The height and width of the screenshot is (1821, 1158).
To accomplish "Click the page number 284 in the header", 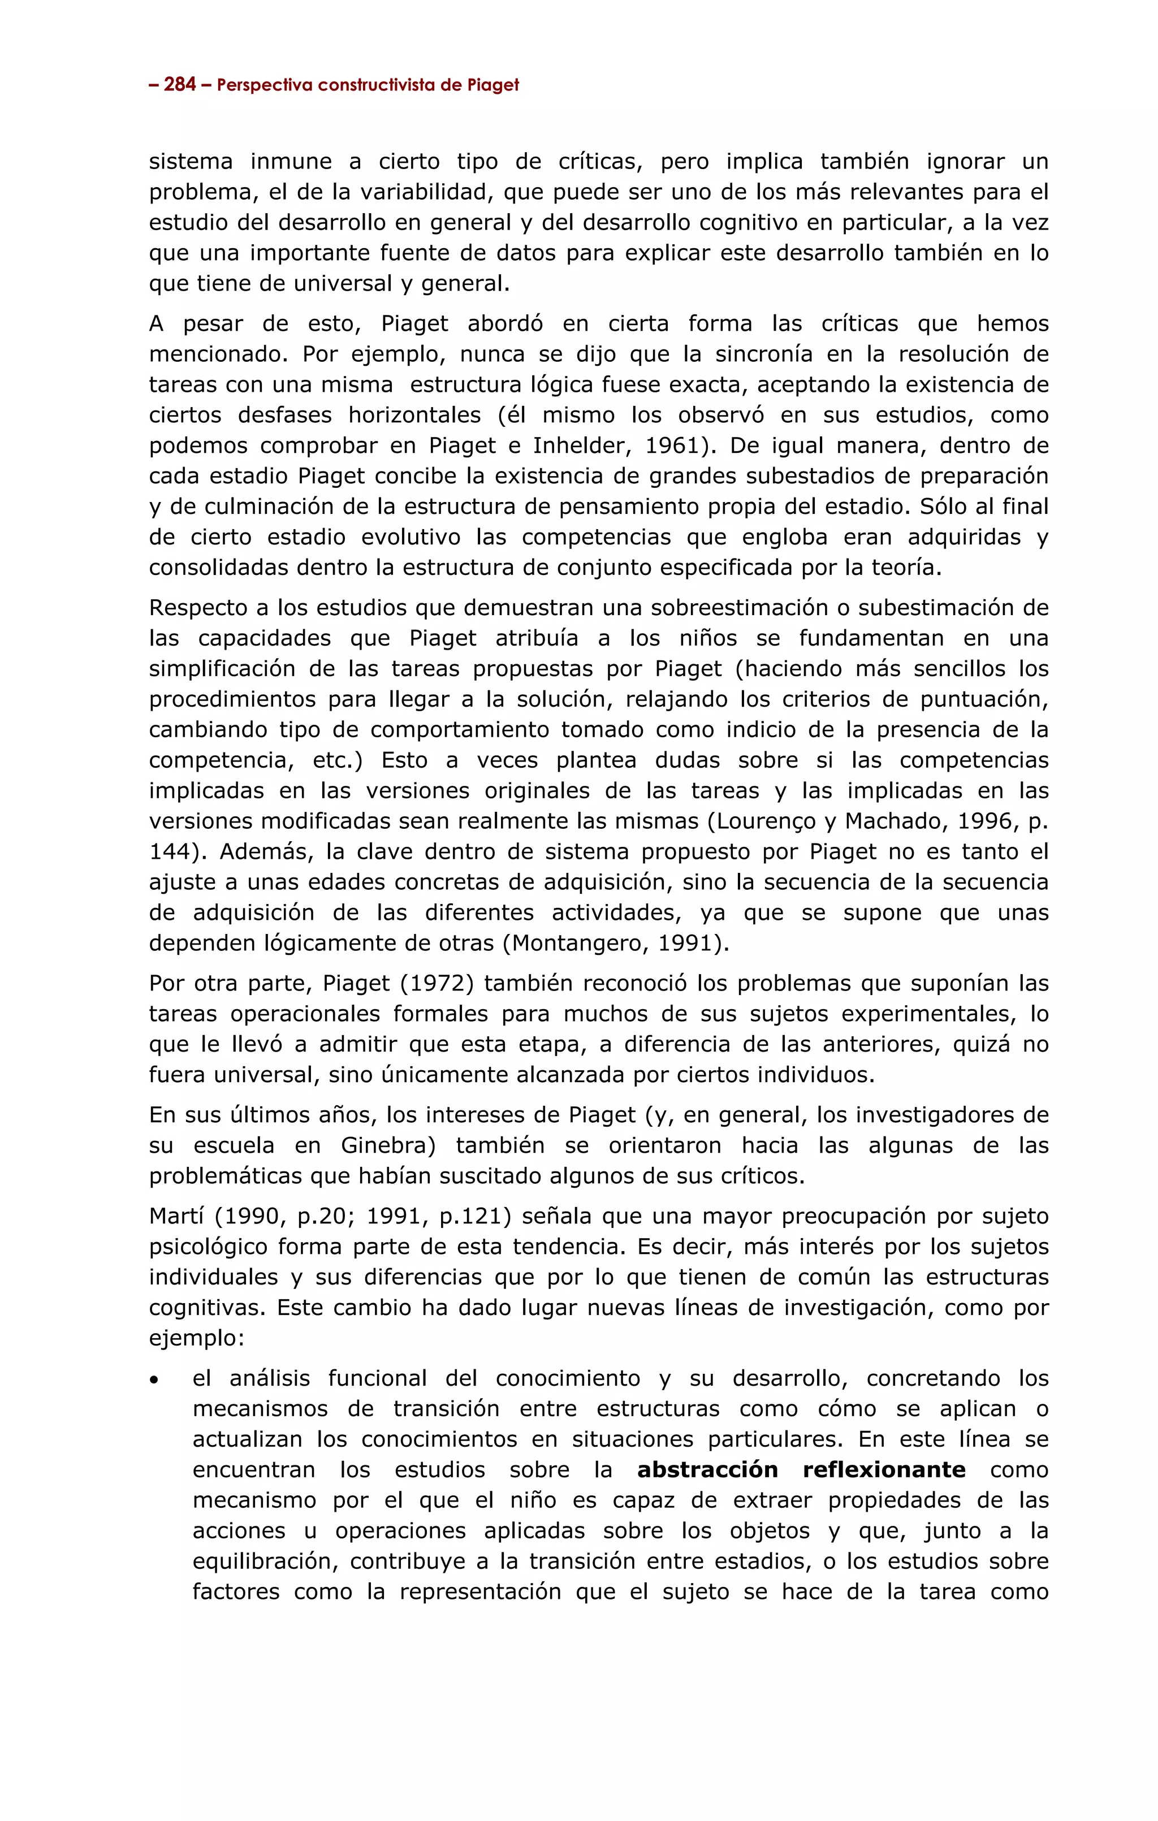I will [179, 85].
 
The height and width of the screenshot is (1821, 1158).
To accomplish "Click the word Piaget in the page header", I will [492, 85].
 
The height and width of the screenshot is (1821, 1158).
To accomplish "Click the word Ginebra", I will [385, 1146].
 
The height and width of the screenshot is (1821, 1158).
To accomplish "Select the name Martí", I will [177, 1217].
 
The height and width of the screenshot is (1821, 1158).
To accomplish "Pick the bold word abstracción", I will [707, 1470].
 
